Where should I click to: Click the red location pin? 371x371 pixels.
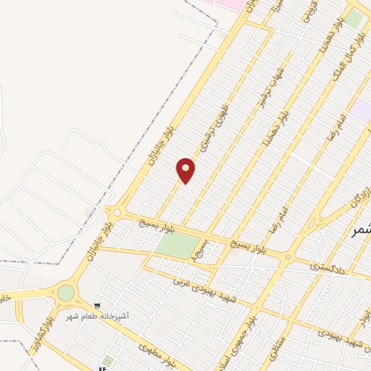click(186, 170)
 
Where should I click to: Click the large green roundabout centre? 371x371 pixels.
click(66, 293)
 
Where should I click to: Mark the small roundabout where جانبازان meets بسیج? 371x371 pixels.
click(116, 213)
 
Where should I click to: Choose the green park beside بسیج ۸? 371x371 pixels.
click(175, 246)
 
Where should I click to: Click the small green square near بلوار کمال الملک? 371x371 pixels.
click(354, 17)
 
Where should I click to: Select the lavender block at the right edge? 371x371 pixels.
click(362, 111)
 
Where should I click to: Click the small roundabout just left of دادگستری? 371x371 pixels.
click(288, 257)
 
